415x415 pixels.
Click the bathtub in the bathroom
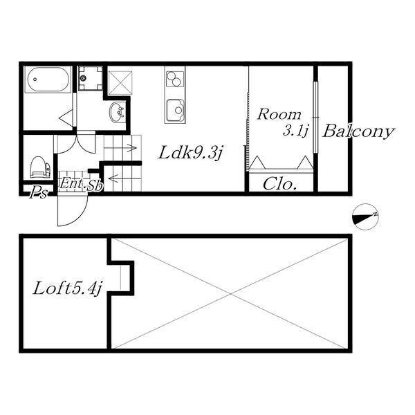(x=48, y=80)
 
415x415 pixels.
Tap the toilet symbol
(x=40, y=167)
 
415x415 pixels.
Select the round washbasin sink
(x=118, y=112)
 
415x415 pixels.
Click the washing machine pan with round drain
(x=89, y=79)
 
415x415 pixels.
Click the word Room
(x=279, y=115)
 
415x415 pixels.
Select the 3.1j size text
(x=294, y=130)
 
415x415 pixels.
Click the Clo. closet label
(x=280, y=185)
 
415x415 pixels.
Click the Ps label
(x=38, y=193)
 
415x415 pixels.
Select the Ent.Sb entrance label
(x=81, y=184)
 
